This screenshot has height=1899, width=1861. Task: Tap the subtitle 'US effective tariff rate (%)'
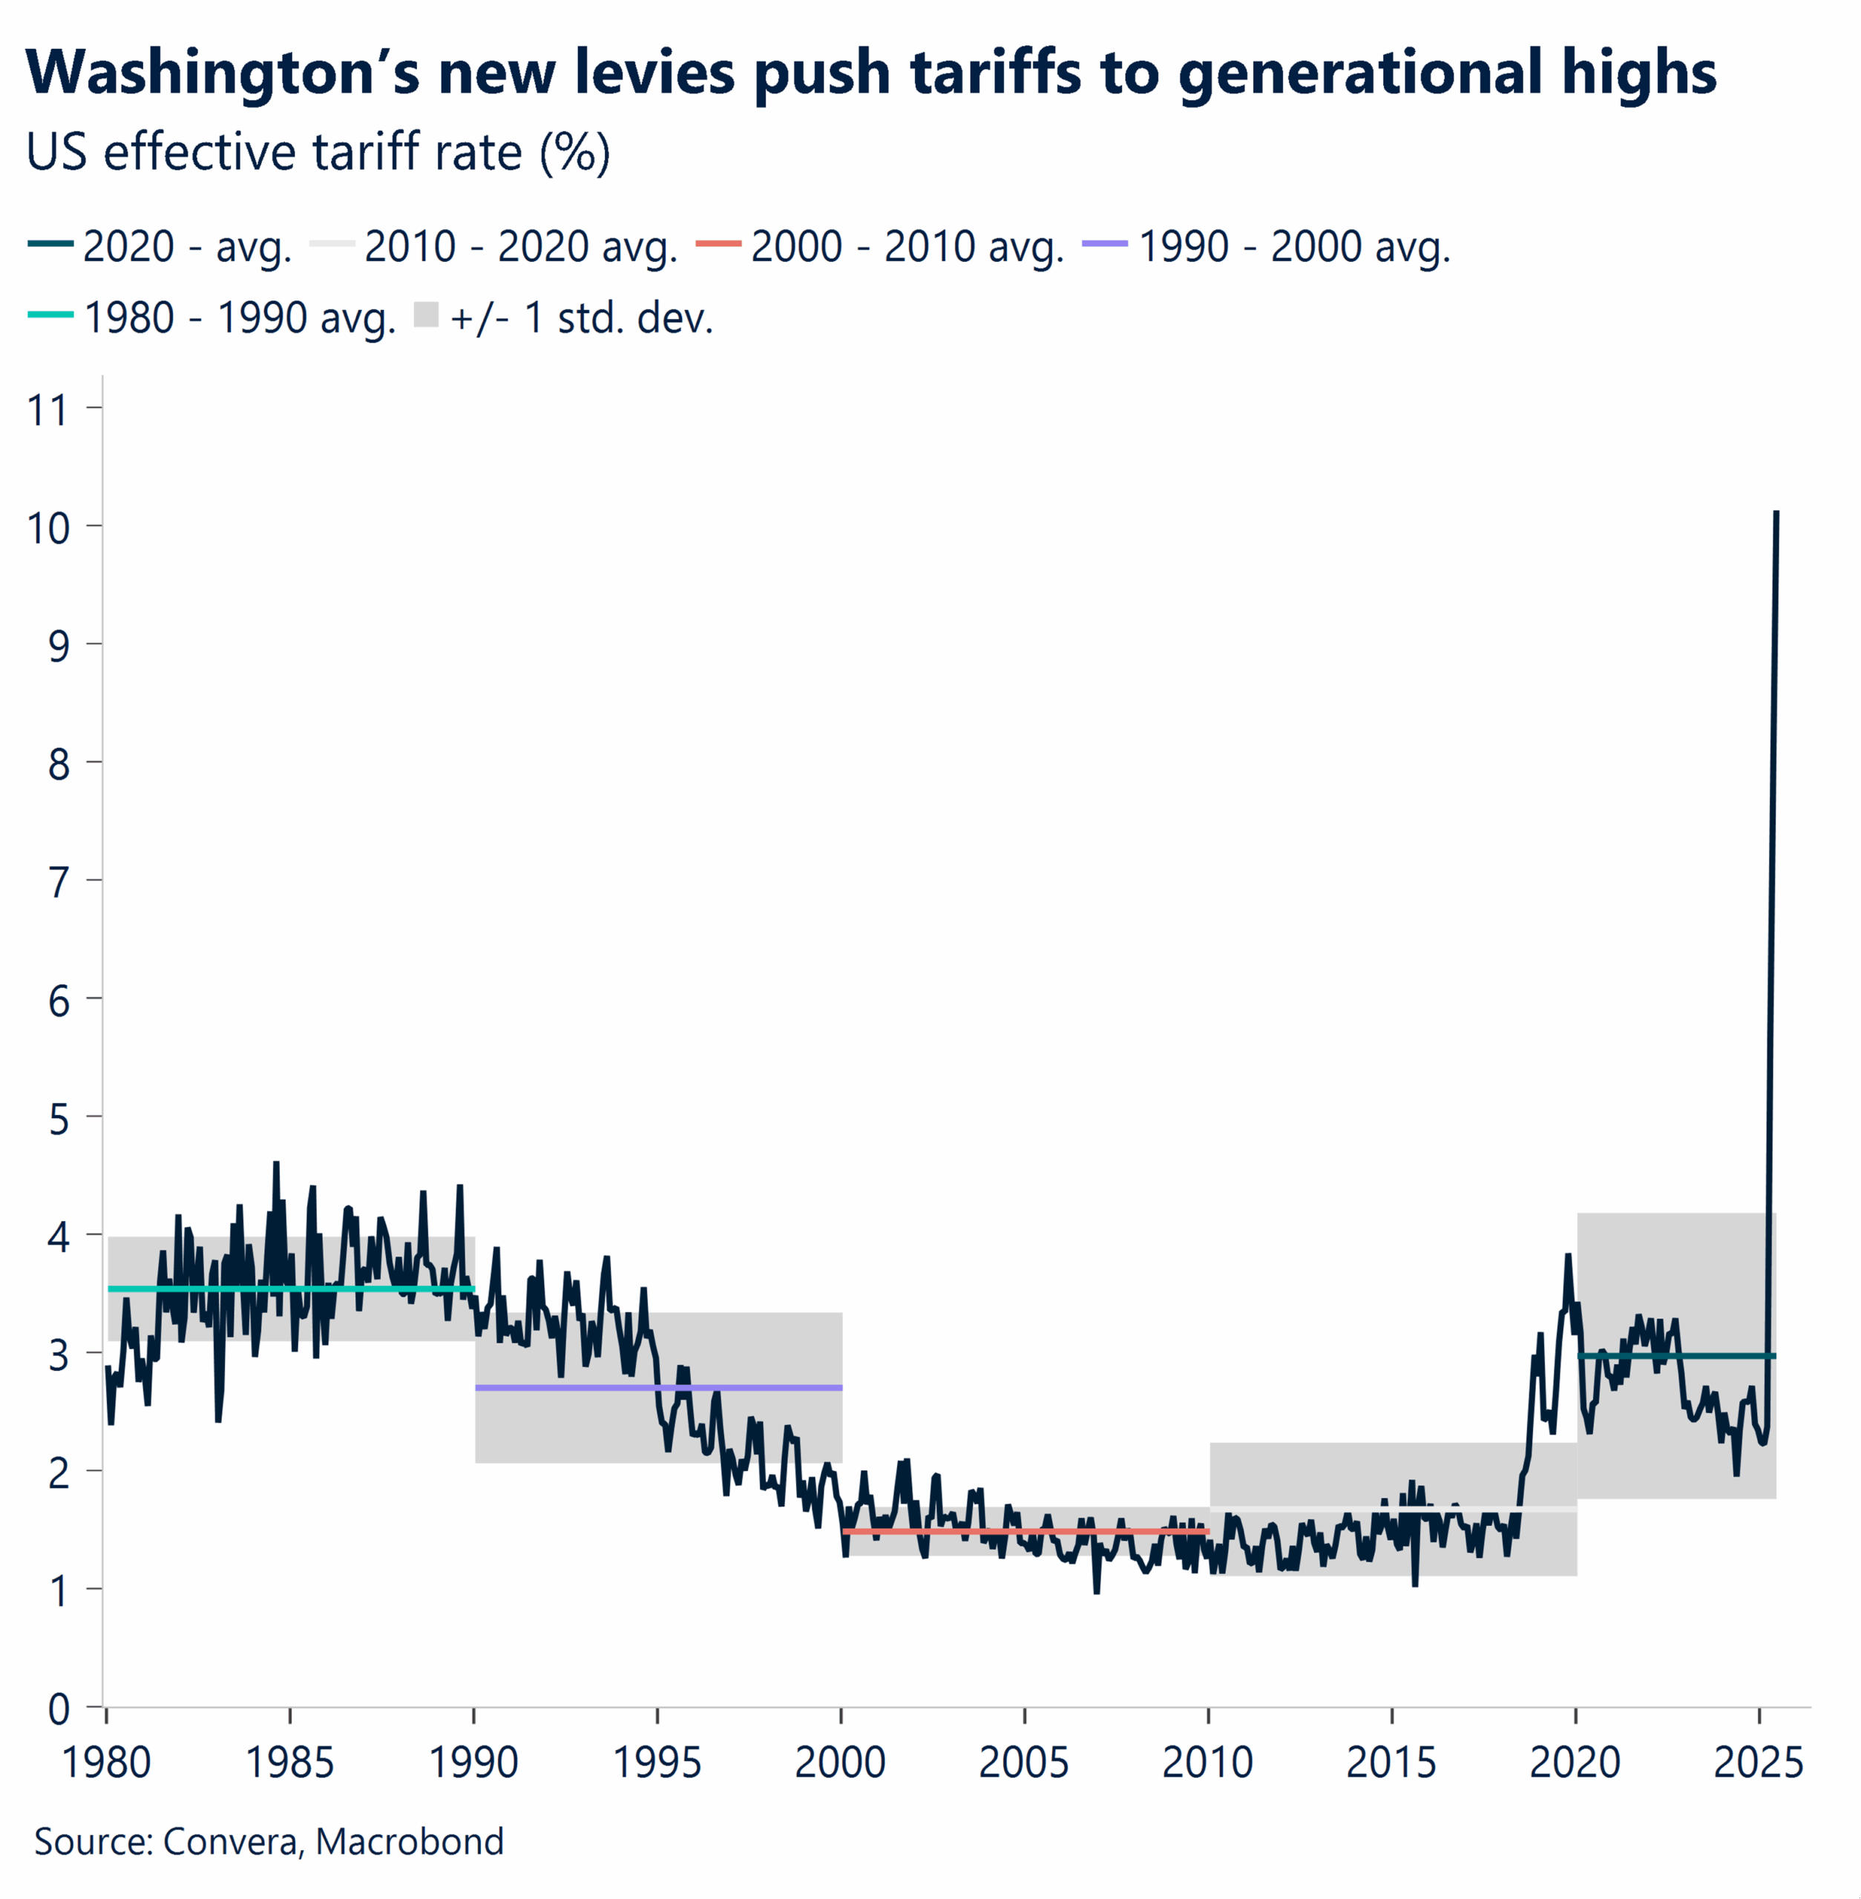pos(318,153)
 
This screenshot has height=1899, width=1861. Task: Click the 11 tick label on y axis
pos(48,409)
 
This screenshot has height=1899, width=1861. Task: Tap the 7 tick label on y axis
pos(59,883)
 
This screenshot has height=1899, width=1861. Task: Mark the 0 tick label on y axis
pos(59,1709)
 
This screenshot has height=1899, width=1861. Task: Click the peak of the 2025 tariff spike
pos(1776,513)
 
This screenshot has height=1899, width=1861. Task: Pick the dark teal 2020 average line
pos(1710,1355)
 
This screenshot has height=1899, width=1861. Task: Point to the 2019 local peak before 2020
pos(1568,1257)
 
